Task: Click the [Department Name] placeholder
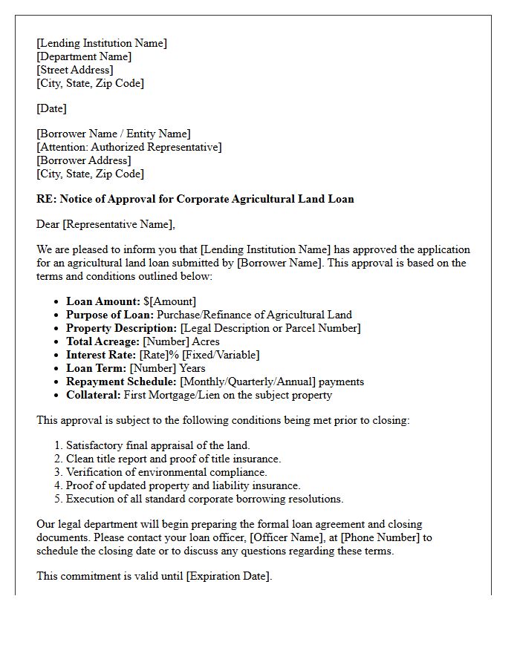click(84, 56)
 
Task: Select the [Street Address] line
click(74, 70)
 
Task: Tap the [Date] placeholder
click(51, 108)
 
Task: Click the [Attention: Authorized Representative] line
click(129, 147)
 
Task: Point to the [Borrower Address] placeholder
click(84, 160)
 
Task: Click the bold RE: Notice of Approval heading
click(195, 199)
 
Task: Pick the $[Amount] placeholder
click(170, 301)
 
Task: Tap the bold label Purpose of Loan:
click(110, 315)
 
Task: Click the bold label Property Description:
click(122, 328)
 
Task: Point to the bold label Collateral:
click(94, 395)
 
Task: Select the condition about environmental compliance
click(166, 472)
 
